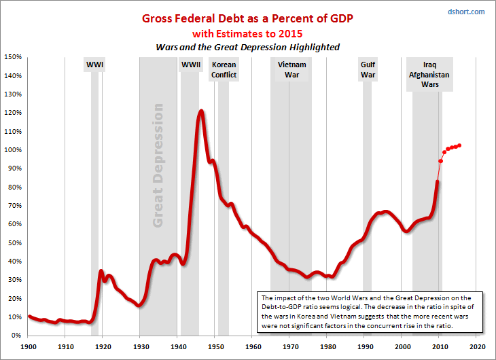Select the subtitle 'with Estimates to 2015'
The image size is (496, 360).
247,33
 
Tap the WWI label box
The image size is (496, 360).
94,65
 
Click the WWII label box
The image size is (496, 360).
190,65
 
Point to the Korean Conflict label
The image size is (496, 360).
224,70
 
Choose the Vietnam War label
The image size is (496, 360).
291,70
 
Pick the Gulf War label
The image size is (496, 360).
368,70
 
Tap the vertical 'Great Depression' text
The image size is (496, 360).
158,165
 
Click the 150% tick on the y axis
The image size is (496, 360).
14,57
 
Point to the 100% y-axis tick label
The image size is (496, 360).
14,150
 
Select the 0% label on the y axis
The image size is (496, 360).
17,336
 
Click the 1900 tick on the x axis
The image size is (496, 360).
28,346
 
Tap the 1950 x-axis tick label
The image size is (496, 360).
215,346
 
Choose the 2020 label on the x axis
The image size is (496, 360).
477,346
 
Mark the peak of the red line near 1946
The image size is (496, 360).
201,111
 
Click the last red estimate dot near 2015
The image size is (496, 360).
460,145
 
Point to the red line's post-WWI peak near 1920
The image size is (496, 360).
101,271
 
